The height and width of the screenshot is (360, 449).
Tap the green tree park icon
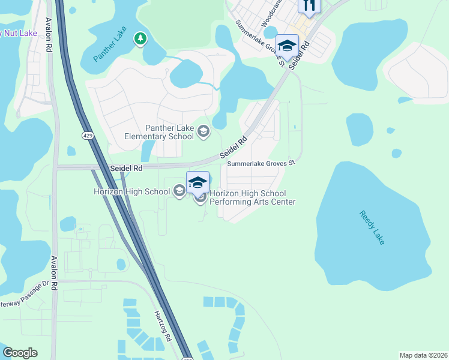click(x=141, y=39)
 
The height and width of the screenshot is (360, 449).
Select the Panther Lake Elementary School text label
click(x=159, y=132)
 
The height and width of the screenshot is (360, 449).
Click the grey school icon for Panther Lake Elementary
click(x=203, y=131)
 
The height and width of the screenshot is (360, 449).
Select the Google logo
click(x=20, y=353)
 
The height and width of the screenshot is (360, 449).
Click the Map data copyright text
click(x=423, y=355)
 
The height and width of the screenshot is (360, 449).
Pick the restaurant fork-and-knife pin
click(x=309, y=5)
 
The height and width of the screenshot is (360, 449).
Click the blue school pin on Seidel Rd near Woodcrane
click(x=287, y=46)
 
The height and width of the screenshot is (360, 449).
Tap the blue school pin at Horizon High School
click(x=197, y=181)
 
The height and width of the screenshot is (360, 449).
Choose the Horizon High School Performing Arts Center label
click(x=252, y=197)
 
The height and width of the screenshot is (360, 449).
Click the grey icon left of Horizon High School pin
click(x=178, y=191)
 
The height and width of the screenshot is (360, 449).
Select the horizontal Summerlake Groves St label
click(x=262, y=163)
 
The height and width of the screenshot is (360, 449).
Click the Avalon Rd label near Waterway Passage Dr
click(x=53, y=274)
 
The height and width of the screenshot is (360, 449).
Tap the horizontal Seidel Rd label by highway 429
click(x=126, y=169)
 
